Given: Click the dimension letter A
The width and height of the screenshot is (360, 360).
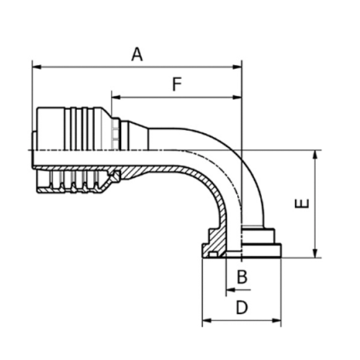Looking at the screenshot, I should (x=137, y=53).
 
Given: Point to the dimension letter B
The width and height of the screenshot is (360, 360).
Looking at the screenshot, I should (x=243, y=276).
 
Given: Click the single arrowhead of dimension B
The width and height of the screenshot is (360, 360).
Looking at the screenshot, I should (x=229, y=289).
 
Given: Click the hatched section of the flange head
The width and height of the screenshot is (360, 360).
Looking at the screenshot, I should (x=216, y=241).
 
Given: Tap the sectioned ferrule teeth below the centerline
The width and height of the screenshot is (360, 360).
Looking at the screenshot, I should (x=72, y=181).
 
